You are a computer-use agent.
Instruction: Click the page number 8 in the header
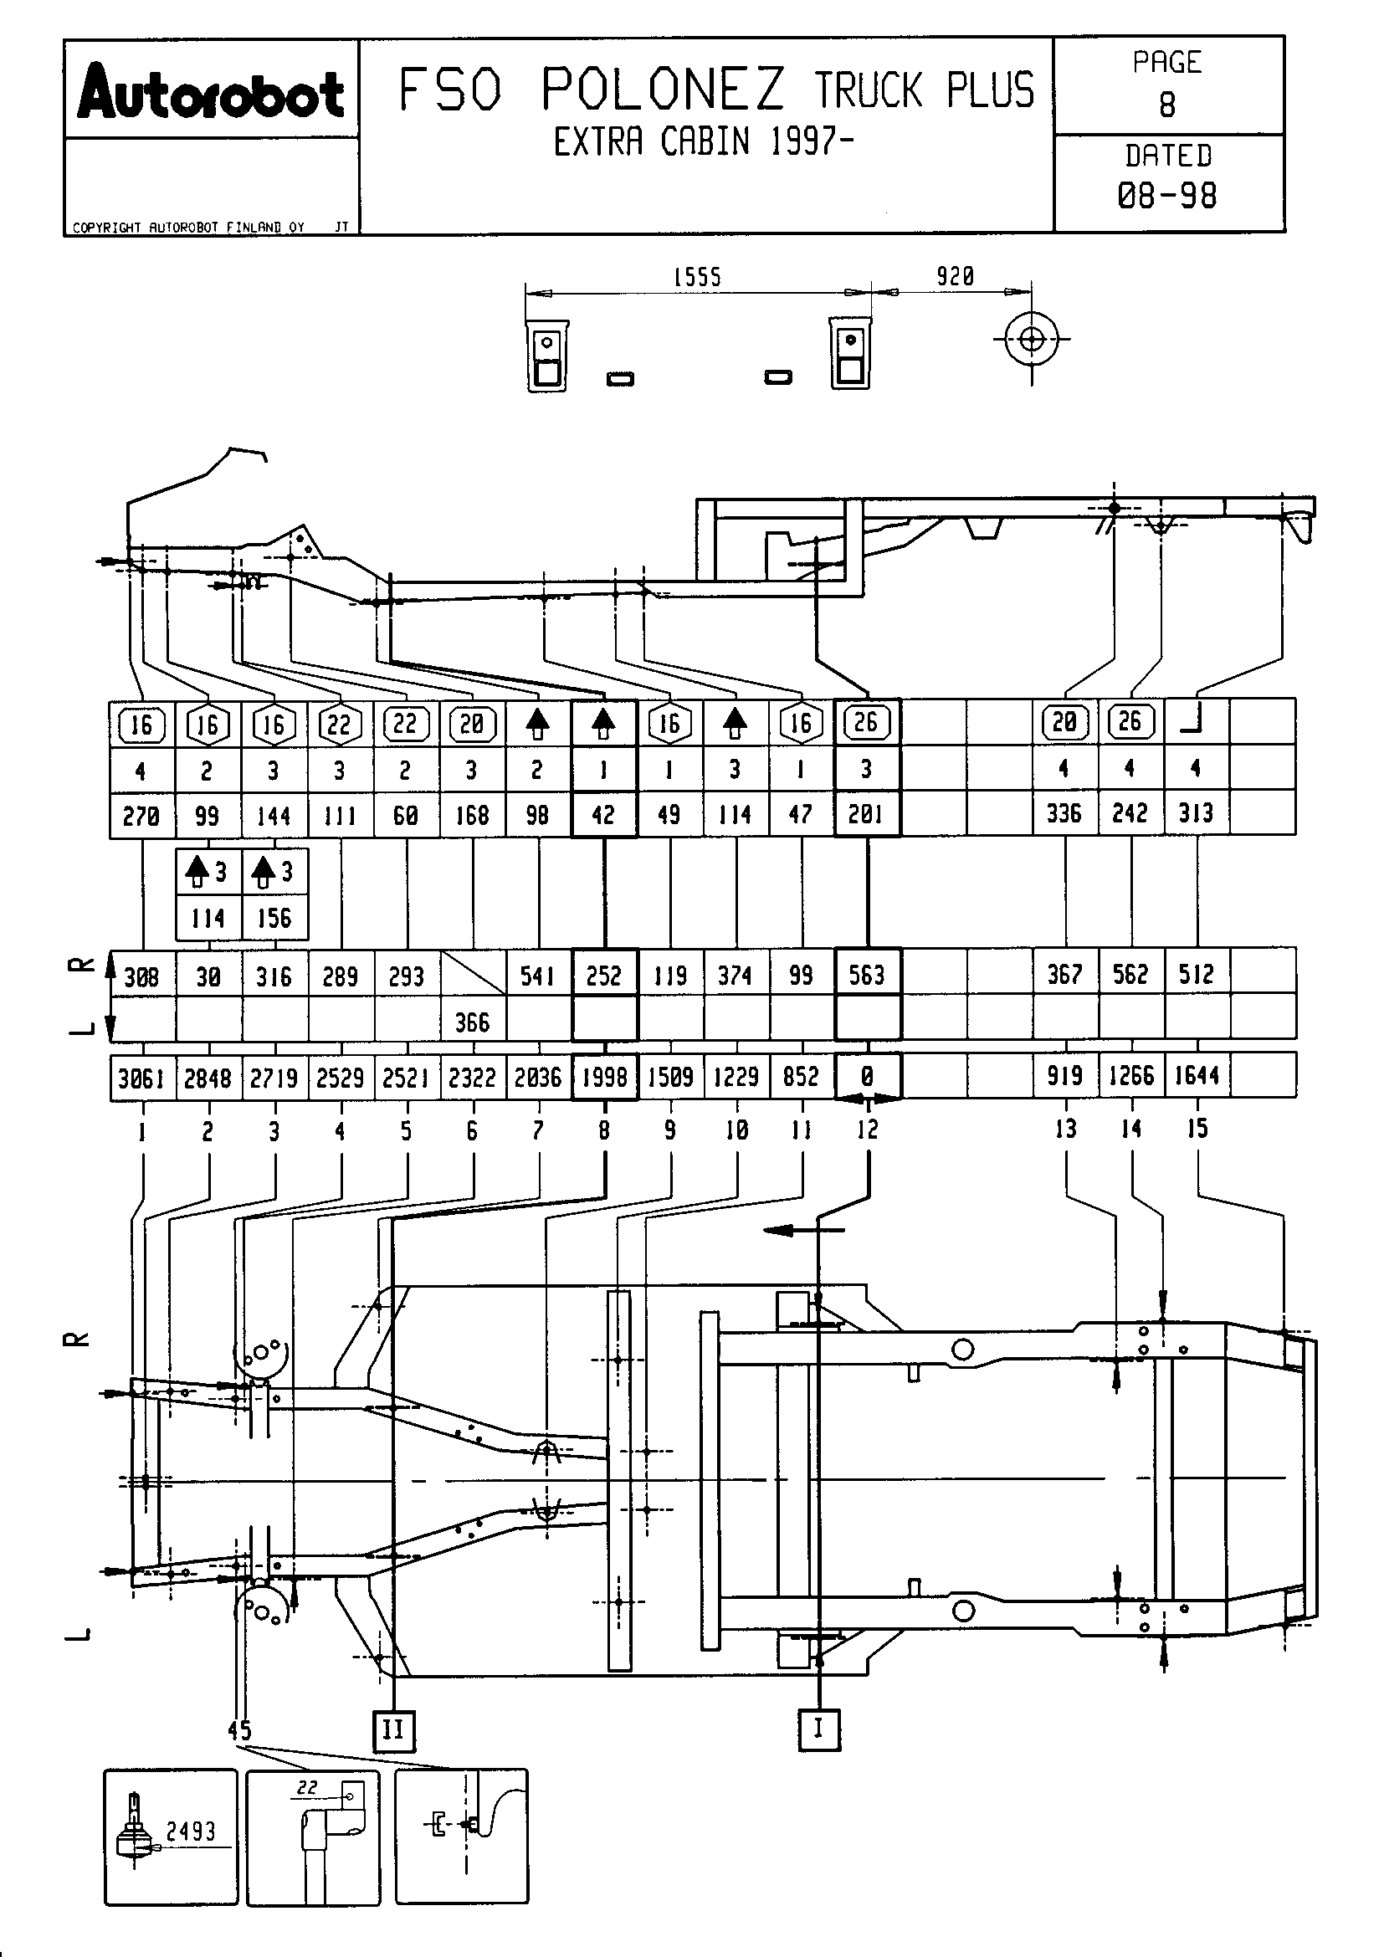click(1166, 105)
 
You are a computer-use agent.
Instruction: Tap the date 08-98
click(1166, 196)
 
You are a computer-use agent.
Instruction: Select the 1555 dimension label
click(697, 277)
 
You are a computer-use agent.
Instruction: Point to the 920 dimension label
click(955, 276)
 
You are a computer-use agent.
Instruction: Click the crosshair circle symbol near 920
click(1031, 339)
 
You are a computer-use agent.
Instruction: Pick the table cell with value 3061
click(141, 1078)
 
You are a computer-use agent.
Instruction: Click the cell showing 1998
click(604, 1078)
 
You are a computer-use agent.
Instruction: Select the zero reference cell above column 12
click(867, 1077)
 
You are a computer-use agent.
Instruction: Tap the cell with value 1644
click(1197, 1076)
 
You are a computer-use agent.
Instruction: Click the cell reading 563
click(867, 974)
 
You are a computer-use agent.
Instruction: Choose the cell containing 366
click(472, 1022)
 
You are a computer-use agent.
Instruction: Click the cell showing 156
click(274, 918)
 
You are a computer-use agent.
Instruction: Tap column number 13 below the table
click(1065, 1130)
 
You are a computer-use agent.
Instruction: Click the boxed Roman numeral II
click(394, 1729)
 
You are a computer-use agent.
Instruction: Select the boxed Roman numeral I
click(819, 1729)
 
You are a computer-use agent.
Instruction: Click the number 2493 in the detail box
click(190, 1831)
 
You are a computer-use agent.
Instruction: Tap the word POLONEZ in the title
click(662, 90)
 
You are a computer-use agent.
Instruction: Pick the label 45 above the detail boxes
click(239, 1729)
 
